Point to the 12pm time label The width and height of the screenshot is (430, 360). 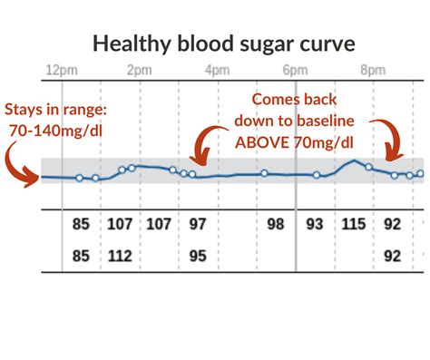pyautogui.click(x=57, y=70)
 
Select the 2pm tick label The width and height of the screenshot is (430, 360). pyautogui.click(x=139, y=70)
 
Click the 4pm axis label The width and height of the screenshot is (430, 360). pyautogui.click(x=216, y=70)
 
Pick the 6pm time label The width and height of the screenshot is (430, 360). pyautogui.click(x=295, y=70)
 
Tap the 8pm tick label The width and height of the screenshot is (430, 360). pyautogui.click(x=374, y=70)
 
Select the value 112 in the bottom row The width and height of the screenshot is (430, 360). pyautogui.click(x=121, y=256)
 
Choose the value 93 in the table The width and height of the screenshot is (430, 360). pyautogui.click(x=314, y=222)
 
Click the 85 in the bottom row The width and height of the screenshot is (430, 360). pyautogui.click(x=82, y=256)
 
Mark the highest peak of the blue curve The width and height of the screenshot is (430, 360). pyautogui.click(x=353, y=161)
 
